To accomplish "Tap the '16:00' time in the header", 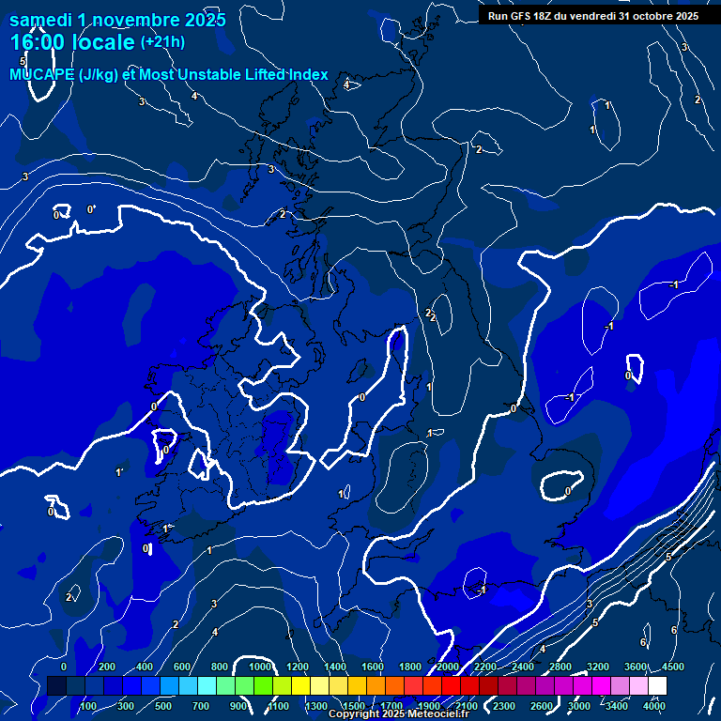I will coord(37,42).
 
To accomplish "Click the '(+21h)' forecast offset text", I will coord(162,41).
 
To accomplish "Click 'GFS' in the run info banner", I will coord(521,16).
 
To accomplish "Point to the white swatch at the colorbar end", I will coord(657,685).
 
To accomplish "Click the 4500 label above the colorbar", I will coord(672,667).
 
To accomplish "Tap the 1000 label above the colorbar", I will coord(260,667).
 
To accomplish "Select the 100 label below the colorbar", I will coord(88,706).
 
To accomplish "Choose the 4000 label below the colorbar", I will coord(654,706).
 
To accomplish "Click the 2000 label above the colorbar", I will coord(448,667).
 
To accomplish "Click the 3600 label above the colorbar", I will coord(636,667).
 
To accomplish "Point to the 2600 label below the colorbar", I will coord(542,706).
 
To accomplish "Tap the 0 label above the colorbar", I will coord(64,667).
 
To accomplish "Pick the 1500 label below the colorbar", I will coord(354,706).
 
